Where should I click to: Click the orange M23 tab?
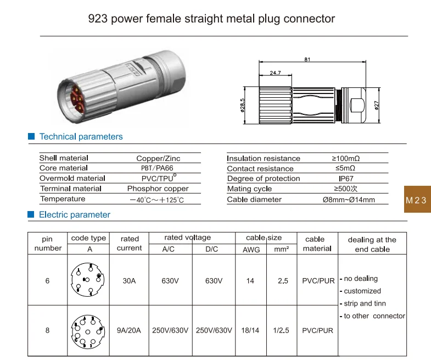(x=416, y=200)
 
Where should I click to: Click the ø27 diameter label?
(x=377, y=104)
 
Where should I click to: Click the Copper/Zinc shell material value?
(x=158, y=158)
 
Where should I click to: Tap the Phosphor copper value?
(x=158, y=189)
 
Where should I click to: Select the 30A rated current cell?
(x=129, y=281)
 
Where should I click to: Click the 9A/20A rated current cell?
(x=129, y=330)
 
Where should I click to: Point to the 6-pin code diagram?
(x=87, y=280)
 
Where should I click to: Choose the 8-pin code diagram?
(x=87, y=331)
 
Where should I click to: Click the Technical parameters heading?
(x=81, y=137)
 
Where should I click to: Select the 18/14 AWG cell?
(x=250, y=330)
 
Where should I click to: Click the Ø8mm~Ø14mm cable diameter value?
(x=348, y=200)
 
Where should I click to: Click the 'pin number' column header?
(x=48, y=243)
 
